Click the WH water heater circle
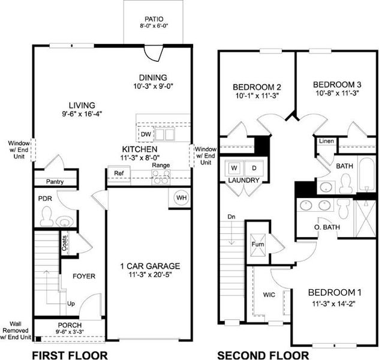[x=180, y=198]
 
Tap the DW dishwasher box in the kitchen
[x=146, y=134]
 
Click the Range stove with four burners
[x=160, y=176]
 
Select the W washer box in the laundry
[x=233, y=167]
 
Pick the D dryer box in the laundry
[x=254, y=167]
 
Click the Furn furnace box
[x=257, y=244]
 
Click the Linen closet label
[x=326, y=141]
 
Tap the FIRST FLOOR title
[x=69, y=355]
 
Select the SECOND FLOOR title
[x=263, y=355]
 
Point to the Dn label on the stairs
[x=232, y=217]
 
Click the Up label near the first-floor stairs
[x=71, y=304]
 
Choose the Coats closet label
[x=64, y=243]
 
